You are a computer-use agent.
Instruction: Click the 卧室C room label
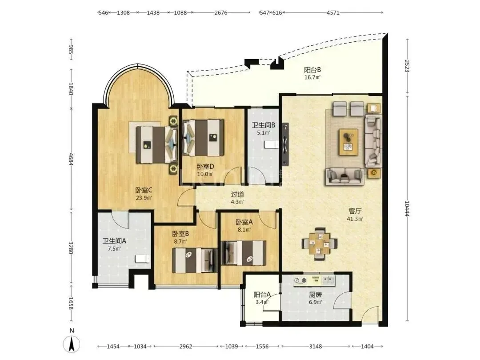[x=144, y=190]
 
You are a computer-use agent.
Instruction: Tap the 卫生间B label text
[x=263, y=125]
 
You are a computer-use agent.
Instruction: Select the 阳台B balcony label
[x=312, y=70]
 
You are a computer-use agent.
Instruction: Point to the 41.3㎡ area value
[x=355, y=219]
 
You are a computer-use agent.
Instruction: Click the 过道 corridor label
[x=237, y=194]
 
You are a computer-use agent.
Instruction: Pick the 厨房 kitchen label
[x=315, y=295]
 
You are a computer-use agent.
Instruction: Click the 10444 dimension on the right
[x=407, y=208]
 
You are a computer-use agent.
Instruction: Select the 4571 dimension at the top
[x=333, y=12]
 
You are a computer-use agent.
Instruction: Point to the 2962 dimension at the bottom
[x=186, y=346]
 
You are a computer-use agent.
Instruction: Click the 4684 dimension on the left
[x=71, y=159]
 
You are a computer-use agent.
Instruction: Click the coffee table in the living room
[x=348, y=142]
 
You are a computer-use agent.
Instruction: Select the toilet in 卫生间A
[x=143, y=259]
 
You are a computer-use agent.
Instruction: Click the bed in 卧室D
[x=203, y=138]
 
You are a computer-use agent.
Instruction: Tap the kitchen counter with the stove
[x=314, y=280]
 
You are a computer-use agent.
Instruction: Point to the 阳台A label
[x=262, y=295]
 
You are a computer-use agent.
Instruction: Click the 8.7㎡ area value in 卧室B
[x=180, y=241]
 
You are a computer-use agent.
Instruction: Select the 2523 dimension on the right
[x=407, y=66]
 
